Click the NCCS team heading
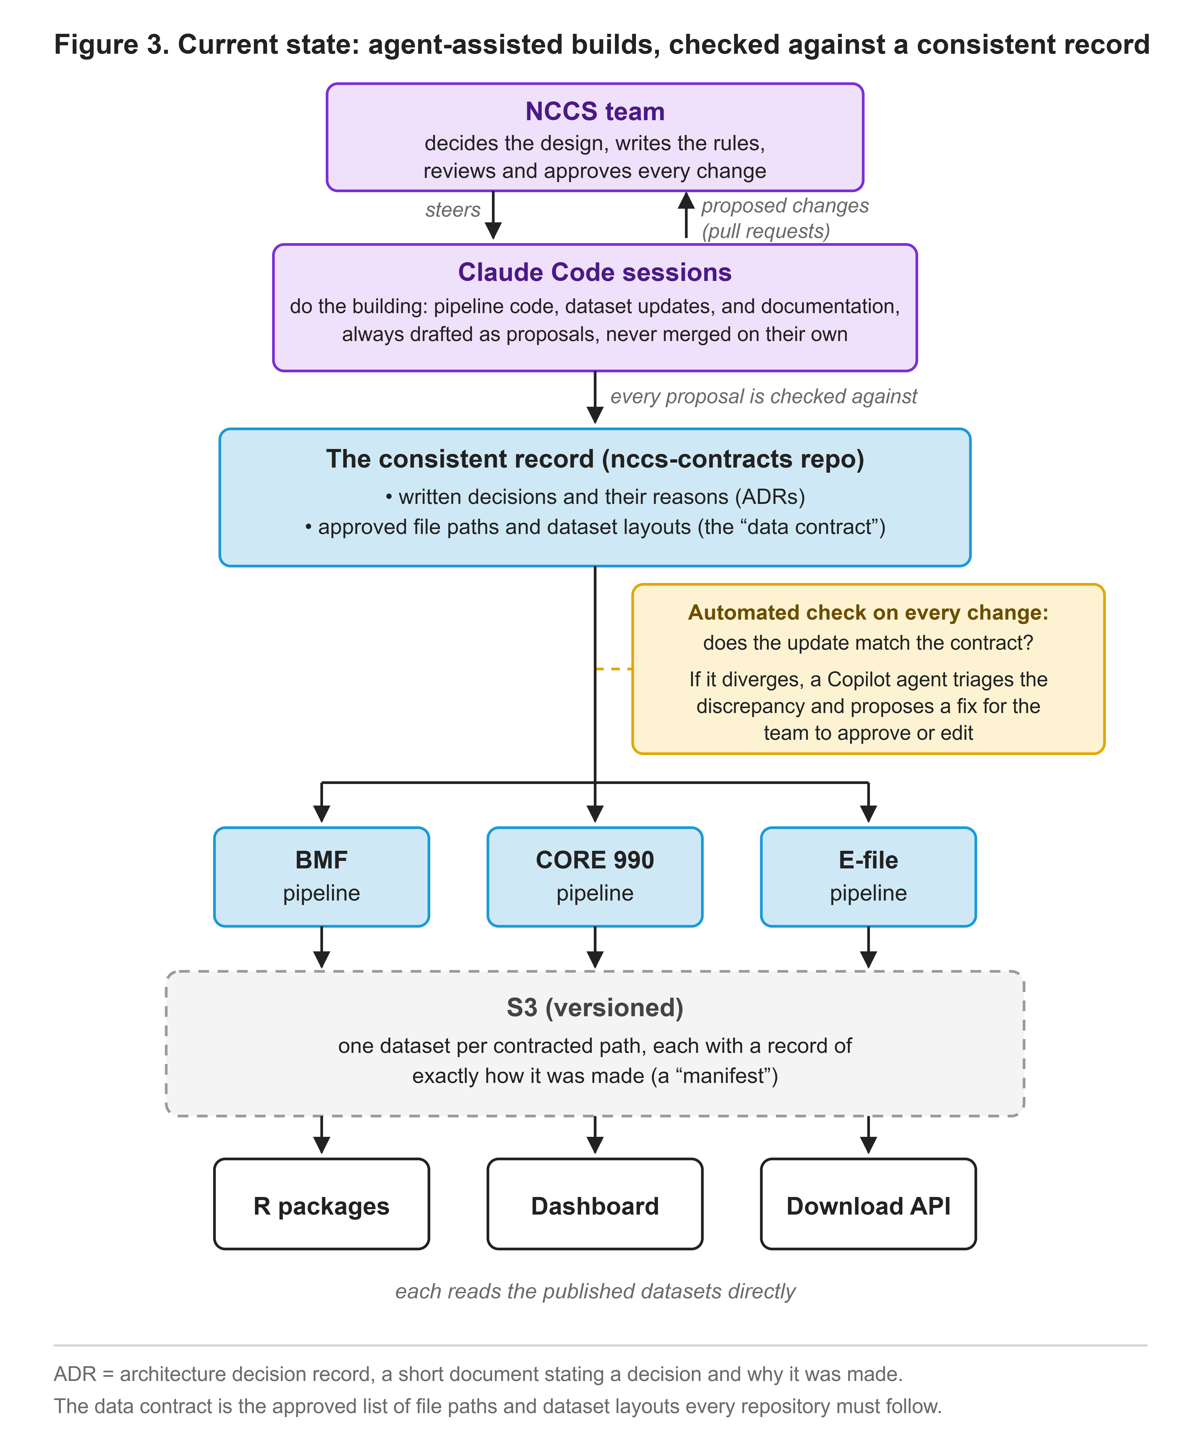595,111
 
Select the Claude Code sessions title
595,272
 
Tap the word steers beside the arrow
453,209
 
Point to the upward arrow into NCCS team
686,215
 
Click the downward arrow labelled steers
493,215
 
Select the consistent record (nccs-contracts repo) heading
595,459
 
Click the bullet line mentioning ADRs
595,496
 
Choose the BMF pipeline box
321,877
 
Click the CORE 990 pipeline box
595,877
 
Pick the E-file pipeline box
868,877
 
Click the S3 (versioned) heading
595,1007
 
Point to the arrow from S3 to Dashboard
595,1134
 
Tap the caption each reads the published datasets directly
595,1291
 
